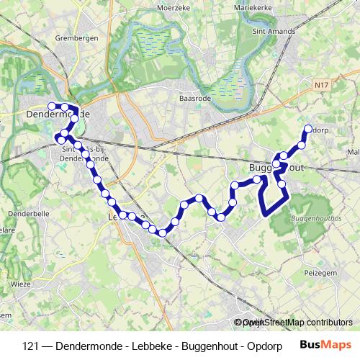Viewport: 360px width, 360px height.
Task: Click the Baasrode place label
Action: tap(194, 100)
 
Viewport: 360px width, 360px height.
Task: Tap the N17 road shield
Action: tap(321, 85)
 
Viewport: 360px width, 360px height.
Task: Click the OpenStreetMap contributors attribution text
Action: tap(294, 323)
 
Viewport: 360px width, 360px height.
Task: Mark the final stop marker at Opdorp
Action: tap(307, 129)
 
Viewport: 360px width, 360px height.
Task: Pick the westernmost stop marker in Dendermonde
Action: tap(50, 106)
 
